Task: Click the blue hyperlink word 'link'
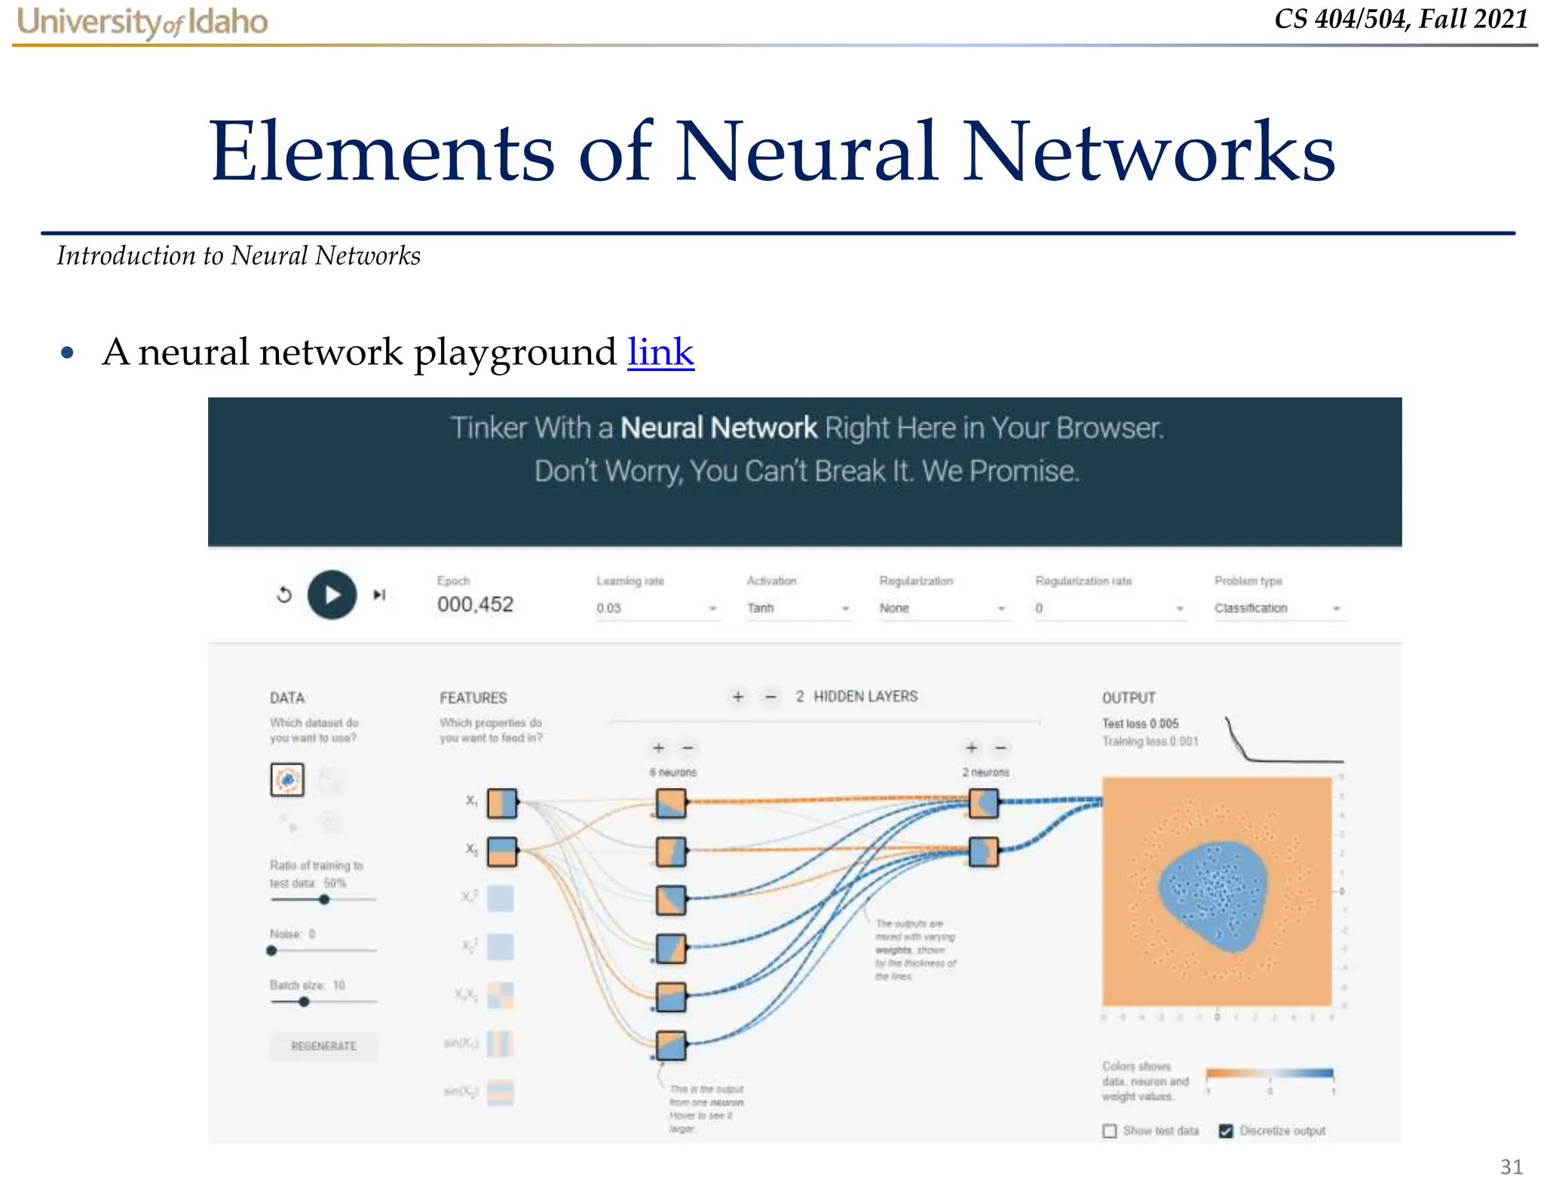pyautogui.click(x=660, y=352)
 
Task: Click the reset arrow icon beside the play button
pyautogui.click(x=284, y=595)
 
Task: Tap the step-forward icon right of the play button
pyautogui.click(x=379, y=595)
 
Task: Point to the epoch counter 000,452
pyautogui.click(x=475, y=604)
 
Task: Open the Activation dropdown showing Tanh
pyautogui.click(x=798, y=608)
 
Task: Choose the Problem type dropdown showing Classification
pyautogui.click(x=1277, y=608)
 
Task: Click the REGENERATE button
pyautogui.click(x=323, y=1046)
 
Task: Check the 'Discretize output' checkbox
pyautogui.click(x=1226, y=1130)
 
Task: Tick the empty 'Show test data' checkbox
pyautogui.click(x=1110, y=1130)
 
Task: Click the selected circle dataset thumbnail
pyautogui.click(x=287, y=780)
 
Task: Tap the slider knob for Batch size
pyautogui.click(x=304, y=1001)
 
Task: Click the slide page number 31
pyautogui.click(x=1511, y=1167)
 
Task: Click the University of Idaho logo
pyautogui.click(x=142, y=21)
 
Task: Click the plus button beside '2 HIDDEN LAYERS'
pyautogui.click(x=738, y=697)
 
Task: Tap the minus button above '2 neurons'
pyautogui.click(x=1000, y=748)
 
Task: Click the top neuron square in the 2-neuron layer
pyautogui.click(x=983, y=803)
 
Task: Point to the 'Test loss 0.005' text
pyautogui.click(x=1140, y=723)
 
